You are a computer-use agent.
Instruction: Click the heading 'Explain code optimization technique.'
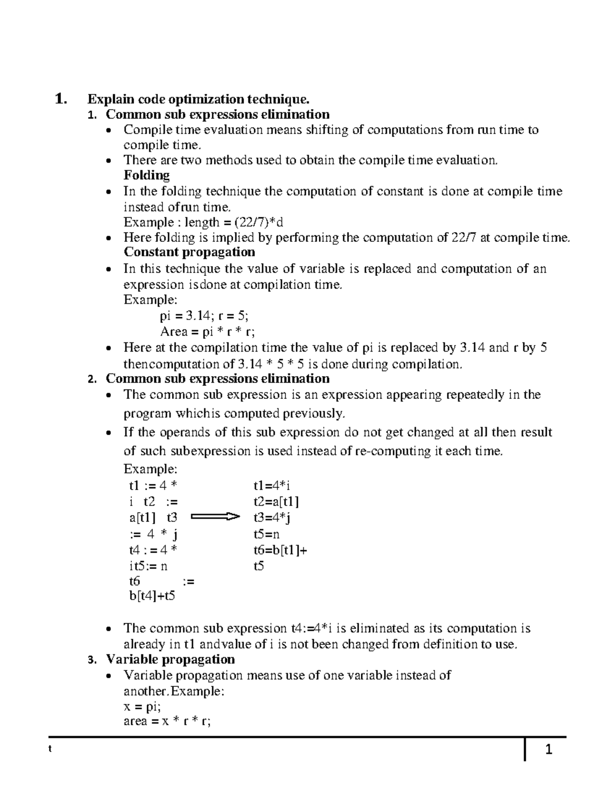(199, 98)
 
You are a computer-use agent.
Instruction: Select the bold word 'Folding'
(147, 175)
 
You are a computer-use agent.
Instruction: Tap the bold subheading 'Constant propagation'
(189, 252)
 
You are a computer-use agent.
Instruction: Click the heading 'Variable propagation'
(170, 659)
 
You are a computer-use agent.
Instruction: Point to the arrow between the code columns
(215, 517)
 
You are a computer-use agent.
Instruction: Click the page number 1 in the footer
(548, 750)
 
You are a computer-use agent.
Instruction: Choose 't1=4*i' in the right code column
(272, 485)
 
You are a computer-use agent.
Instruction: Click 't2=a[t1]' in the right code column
(276, 501)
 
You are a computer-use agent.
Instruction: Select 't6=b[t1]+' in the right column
(280, 550)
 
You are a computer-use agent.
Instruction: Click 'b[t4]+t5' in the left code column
(152, 596)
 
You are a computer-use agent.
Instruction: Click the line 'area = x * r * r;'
(167, 722)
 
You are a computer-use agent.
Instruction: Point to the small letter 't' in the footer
(50, 748)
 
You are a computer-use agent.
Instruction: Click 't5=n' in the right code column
(266, 534)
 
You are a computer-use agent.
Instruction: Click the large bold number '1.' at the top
(61, 98)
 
